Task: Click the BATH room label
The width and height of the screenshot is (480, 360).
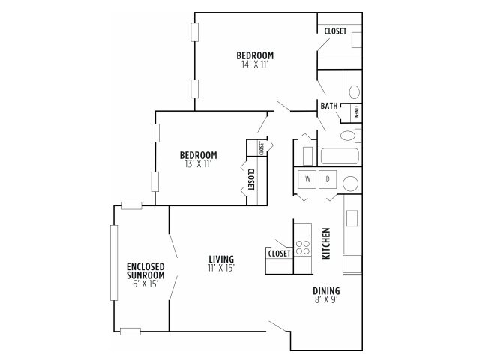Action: pyautogui.click(x=329, y=106)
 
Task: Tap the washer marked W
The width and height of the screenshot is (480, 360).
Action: pyautogui.click(x=308, y=180)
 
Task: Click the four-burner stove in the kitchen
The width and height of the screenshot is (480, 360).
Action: pyautogui.click(x=304, y=247)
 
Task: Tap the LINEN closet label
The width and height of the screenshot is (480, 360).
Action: pyautogui.click(x=356, y=112)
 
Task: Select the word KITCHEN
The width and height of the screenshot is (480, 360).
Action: pyautogui.click(x=326, y=243)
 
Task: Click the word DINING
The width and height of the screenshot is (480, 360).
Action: pyautogui.click(x=326, y=291)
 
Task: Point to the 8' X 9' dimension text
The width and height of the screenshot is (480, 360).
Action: pyautogui.click(x=326, y=300)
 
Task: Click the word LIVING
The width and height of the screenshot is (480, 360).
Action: pyautogui.click(x=221, y=259)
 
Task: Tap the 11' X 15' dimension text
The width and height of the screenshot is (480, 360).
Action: pyautogui.click(x=221, y=268)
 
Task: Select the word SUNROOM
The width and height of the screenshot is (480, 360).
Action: pyautogui.click(x=145, y=274)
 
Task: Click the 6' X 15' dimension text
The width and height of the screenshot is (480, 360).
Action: pyautogui.click(x=145, y=283)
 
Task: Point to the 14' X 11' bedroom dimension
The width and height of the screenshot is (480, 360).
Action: pyautogui.click(x=255, y=64)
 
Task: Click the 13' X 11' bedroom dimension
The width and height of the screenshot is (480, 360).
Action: pyautogui.click(x=199, y=163)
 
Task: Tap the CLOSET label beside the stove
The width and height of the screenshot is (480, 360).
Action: pyautogui.click(x=279, y=253)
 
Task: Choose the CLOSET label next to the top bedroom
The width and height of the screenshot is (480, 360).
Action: pyautogui.click(x=335, y=31)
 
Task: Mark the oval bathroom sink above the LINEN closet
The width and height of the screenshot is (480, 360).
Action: pyautogui.click(x=355, y=91)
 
